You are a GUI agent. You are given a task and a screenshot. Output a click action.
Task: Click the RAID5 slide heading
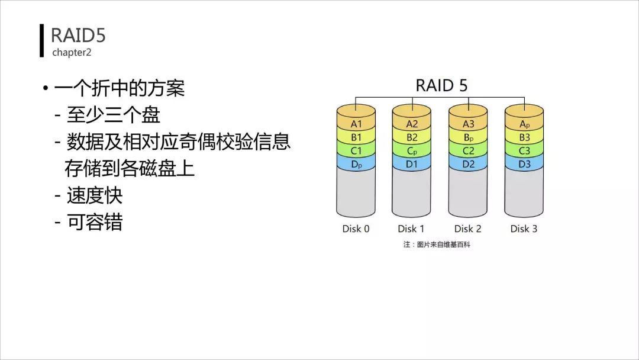(x=78, y=36)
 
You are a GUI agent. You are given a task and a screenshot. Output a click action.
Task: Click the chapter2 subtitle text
(x=72, y=53)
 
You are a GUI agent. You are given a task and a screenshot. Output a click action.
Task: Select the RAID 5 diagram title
(x=441, y=85)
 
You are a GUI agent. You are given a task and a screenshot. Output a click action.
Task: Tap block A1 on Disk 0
(x=356, y=124)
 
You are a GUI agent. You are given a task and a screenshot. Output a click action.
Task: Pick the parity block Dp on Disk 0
(x=356, y=164)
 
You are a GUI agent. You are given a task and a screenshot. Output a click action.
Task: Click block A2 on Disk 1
(x=412, y=124)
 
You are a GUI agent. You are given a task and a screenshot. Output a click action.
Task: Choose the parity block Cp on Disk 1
(x=412, y=151)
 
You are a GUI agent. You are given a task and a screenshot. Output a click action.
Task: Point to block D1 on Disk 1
(x=412, y=164)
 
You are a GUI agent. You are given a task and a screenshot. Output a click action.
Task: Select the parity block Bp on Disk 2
(x=469, y=137)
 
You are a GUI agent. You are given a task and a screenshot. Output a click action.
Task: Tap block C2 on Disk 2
(x=469, y=151)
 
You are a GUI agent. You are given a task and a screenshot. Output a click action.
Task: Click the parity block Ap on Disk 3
(x=524, y=124)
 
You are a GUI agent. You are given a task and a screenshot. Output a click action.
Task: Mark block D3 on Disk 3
(x=524, y=164)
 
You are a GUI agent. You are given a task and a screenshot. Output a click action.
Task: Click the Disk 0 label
(x=356, y=229)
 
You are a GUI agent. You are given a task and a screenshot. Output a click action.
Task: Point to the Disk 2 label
(x=468, y=229)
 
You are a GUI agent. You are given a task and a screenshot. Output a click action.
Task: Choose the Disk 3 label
(x=524, y=229)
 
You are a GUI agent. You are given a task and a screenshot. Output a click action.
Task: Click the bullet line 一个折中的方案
(x=120, y=88)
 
